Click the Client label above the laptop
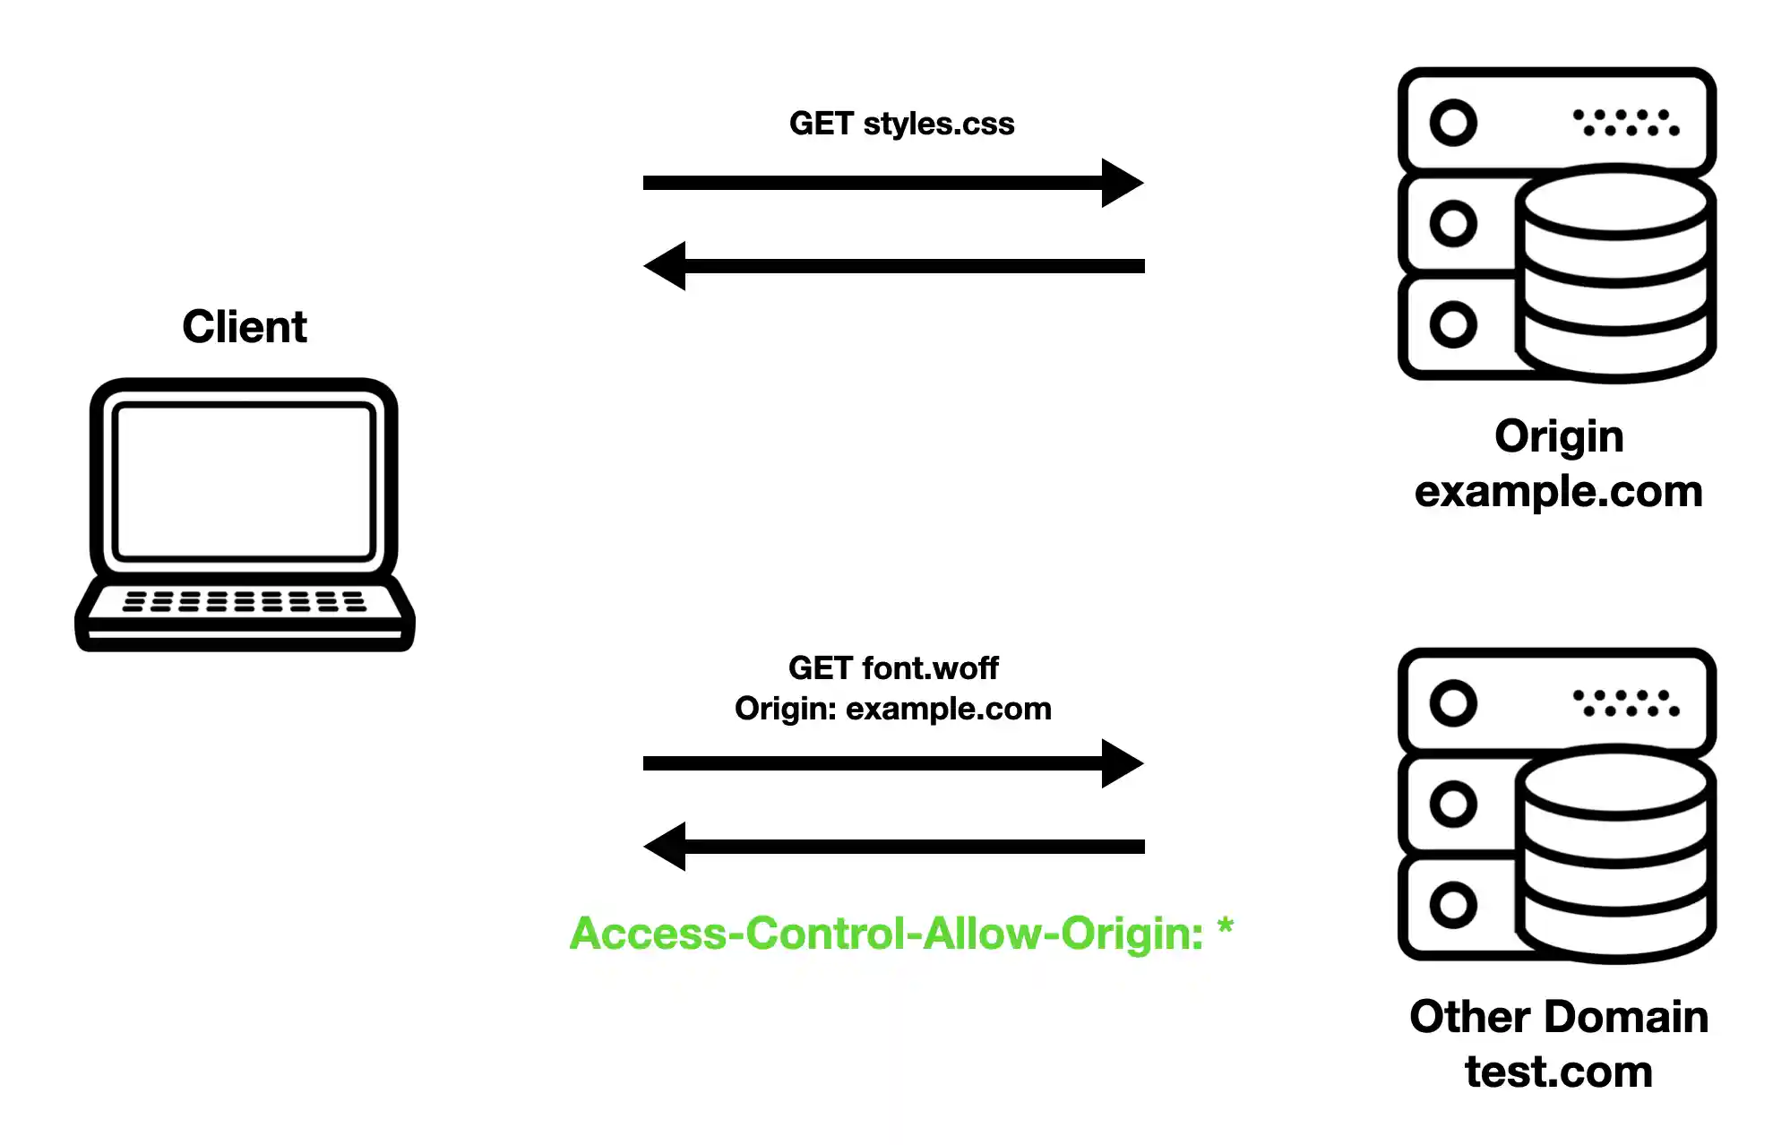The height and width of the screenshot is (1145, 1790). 244,326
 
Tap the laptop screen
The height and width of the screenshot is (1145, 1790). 244,481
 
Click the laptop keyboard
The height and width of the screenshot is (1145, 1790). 244,601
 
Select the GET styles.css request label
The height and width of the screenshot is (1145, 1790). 901,124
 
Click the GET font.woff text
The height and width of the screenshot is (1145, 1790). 893,667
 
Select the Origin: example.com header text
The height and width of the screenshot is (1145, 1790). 893,709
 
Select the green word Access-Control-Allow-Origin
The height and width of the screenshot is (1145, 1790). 886,934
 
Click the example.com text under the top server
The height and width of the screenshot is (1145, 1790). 1558,492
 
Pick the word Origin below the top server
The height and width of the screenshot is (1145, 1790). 1559,436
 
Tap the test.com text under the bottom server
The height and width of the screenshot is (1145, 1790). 1559,1072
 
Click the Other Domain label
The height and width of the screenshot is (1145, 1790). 1559,1017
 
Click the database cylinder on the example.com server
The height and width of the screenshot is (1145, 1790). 1615,273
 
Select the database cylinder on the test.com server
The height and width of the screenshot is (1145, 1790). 1615,854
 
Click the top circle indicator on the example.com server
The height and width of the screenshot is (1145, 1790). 1452,123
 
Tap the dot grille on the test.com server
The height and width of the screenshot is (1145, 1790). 1626,702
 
